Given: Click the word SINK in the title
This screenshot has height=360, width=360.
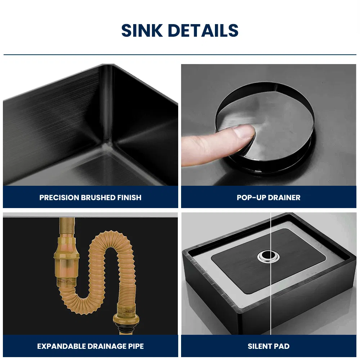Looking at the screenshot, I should pos(143,31).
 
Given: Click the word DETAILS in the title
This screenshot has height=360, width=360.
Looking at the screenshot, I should pos(203,31).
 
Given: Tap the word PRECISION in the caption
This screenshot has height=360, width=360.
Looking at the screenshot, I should pos(59,197).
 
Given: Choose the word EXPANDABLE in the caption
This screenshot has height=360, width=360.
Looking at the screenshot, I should pos(61,346).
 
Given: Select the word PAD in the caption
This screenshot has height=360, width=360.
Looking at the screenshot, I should pos(282,346).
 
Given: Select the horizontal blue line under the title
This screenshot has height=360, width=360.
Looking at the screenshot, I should pos(180,55).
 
